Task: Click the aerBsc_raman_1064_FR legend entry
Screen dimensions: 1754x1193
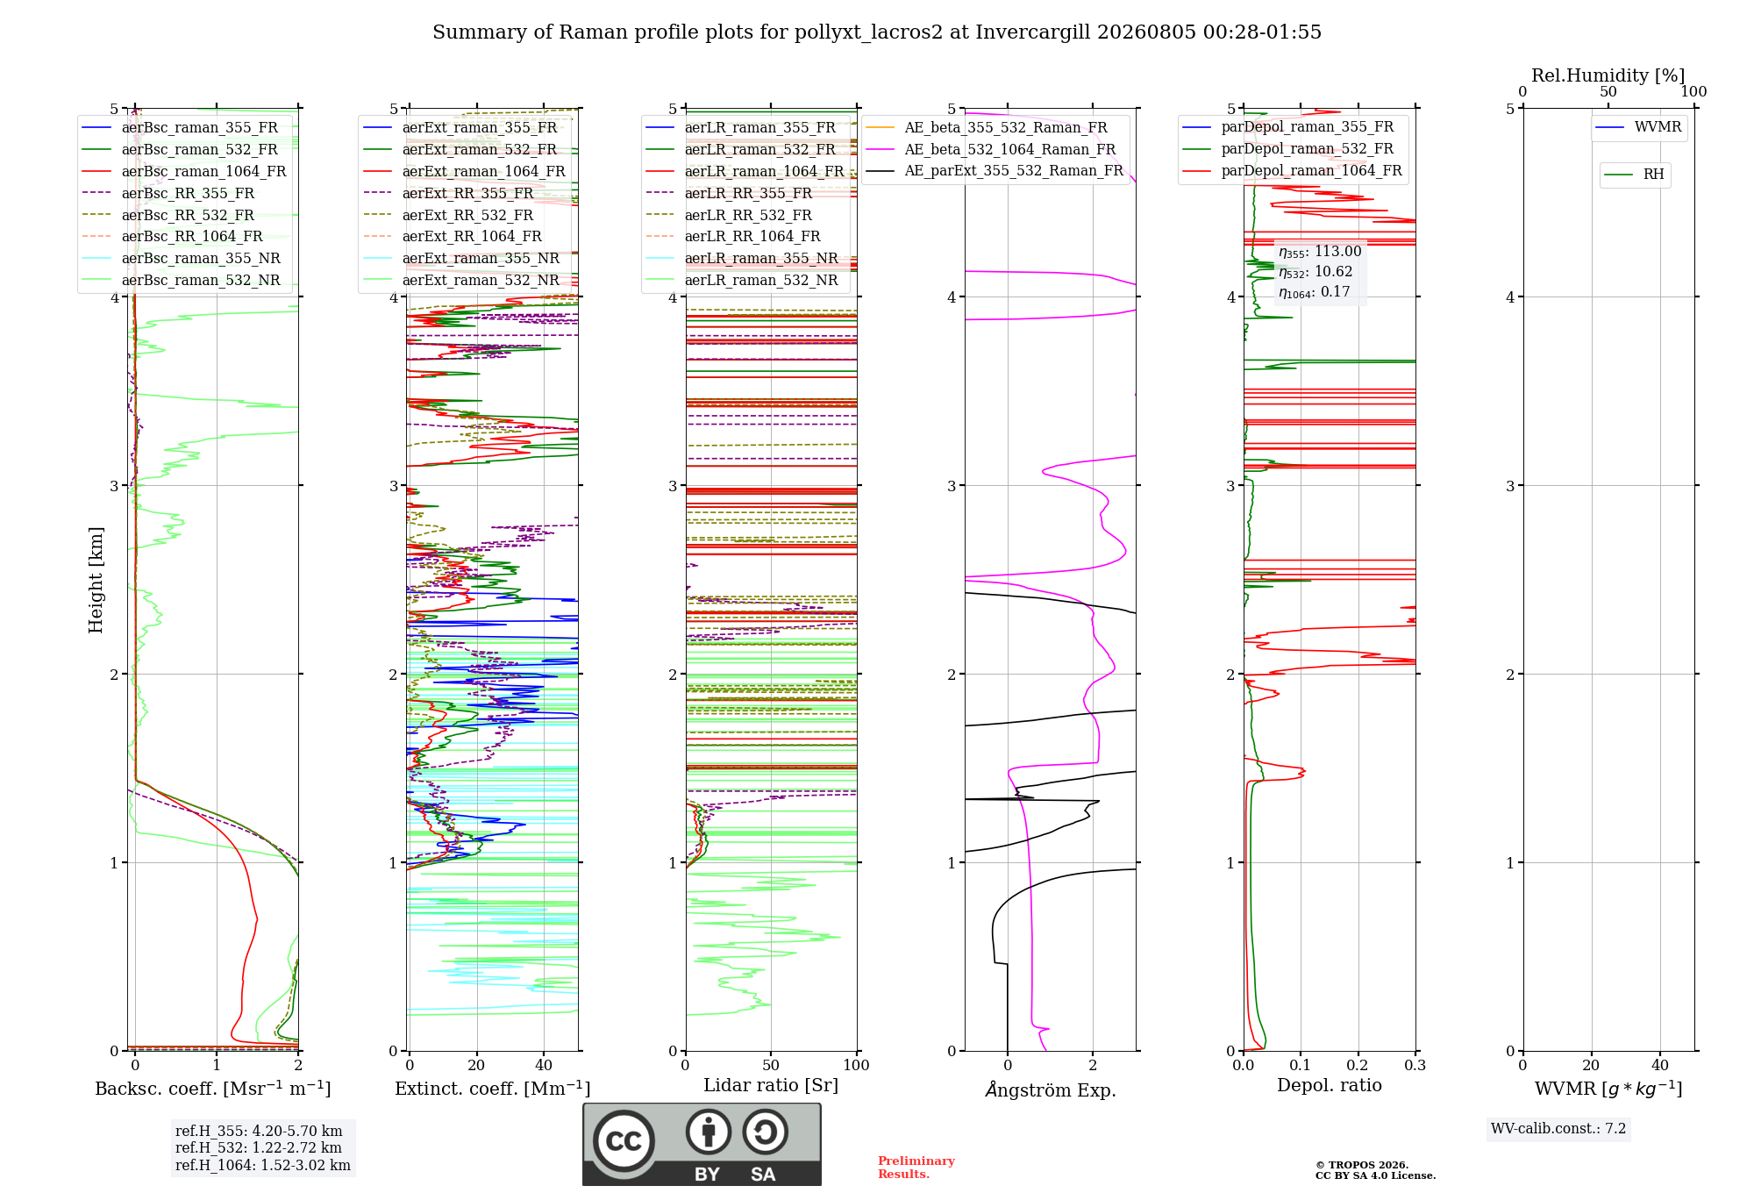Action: (183, 171)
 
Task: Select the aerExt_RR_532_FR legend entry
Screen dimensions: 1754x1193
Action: (448, 215)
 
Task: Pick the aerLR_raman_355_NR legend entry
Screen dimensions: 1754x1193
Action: (742, 258)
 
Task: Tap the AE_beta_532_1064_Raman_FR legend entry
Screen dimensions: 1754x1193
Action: (990, 149)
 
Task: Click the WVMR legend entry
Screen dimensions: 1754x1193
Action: (1638, 127)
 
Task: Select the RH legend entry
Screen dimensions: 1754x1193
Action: (1634, 175)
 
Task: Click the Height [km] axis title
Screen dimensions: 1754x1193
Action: (96, 580)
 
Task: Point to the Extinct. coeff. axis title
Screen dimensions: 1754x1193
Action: (492, 1089)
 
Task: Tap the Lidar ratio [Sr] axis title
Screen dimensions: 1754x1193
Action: (771, 1086)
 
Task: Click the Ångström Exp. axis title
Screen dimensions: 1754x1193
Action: (1051, 1089)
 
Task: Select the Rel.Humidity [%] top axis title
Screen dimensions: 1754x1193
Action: (1608, 75)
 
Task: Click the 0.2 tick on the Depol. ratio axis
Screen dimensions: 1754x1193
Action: (1358, 1065)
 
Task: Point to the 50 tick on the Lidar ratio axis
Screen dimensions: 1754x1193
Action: (771, 1065)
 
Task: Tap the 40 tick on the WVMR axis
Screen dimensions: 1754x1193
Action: (1660, 1065)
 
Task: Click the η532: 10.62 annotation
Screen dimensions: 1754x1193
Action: (1315, 272)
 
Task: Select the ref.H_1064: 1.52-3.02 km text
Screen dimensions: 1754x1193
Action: (263, 1165)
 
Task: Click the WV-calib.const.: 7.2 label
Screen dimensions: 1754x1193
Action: (1558, 1129)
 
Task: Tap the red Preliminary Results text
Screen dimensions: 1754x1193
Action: (916, 1168)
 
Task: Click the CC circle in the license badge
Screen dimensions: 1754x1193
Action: (624, 1141)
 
